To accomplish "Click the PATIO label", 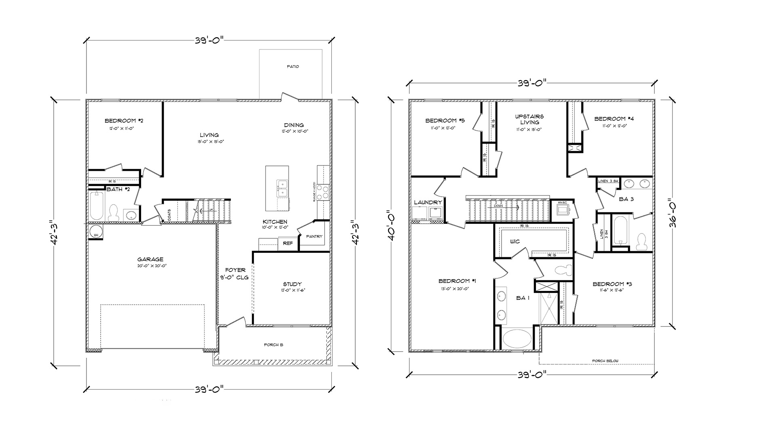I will click(293, 66).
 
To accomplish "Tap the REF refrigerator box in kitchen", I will click(288, 243).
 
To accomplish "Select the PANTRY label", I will click(314, 236).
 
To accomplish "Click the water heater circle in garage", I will click(96, 232).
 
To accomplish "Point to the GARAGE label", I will click(150, 259).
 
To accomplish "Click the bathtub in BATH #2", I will click(97, 206).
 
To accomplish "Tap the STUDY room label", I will click(292, 284).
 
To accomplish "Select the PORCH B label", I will click(274, 345).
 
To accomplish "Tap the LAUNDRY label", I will click(428, 202).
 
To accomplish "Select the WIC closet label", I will click(515, 242).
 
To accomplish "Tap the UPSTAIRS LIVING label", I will click(529, 119).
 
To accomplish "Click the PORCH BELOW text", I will click(605, 361).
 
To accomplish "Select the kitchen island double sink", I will click(282, 189).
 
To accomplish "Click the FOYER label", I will click(235, 270).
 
